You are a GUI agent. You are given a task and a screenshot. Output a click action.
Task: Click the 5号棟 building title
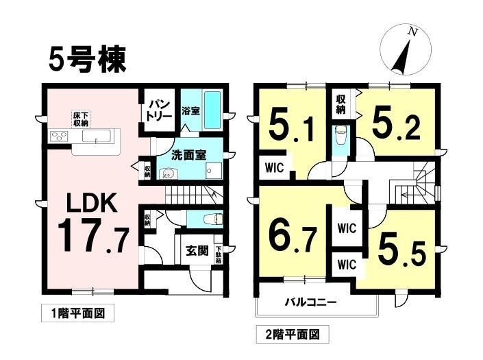88,60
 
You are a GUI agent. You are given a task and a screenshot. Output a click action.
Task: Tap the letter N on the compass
412,32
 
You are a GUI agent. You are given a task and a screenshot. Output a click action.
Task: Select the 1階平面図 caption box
77,313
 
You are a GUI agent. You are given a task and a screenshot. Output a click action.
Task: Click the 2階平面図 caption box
293,334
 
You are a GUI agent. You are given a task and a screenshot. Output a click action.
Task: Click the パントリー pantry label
159,110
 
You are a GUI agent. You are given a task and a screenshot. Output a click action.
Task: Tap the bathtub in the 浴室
212,110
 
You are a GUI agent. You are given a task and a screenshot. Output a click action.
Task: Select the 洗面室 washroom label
189,155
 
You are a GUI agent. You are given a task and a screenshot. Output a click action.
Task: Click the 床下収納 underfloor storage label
81,119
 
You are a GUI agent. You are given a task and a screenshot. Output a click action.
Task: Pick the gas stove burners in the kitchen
59,136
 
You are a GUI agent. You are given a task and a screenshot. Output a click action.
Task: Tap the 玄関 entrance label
197,250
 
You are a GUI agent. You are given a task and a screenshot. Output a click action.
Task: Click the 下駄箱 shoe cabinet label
219,254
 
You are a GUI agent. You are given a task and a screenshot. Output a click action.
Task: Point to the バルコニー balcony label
310,302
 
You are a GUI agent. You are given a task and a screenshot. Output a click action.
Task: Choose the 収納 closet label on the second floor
340,104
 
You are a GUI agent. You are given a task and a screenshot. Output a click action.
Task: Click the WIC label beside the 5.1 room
275,168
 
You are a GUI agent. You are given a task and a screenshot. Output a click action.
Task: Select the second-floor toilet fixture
340,136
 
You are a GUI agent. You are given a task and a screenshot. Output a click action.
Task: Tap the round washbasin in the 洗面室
168,174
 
